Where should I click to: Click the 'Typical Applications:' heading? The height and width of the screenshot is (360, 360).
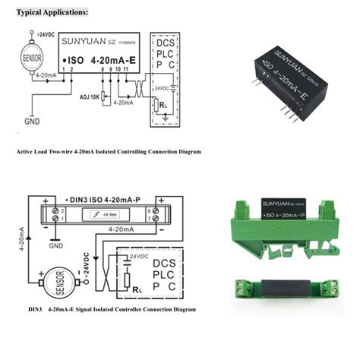pyautogui.click(x=52, y=13)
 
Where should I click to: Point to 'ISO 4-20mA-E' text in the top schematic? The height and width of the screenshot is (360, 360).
pyautogui.click(x=98, y=59)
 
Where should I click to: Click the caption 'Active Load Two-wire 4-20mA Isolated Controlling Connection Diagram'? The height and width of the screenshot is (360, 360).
pyautogui.click(x=109, y=152)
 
